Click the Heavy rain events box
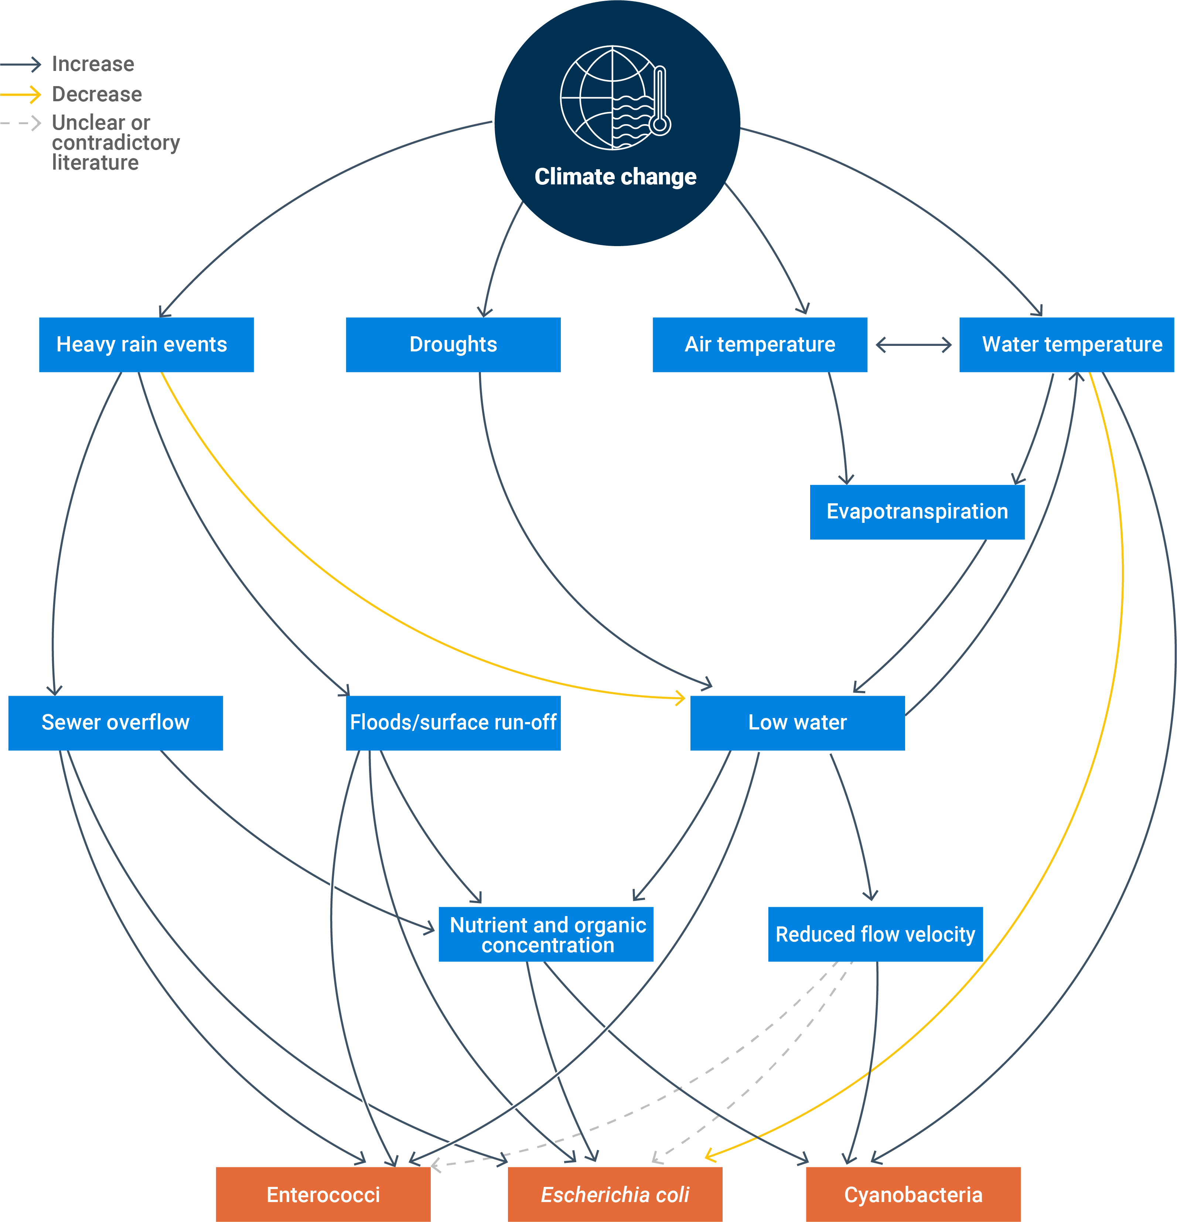click(147, 345)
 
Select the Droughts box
click(453, 345)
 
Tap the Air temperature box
click(760, 345)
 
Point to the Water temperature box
click(1067, 345)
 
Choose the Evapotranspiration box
click(917, 512)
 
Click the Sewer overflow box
click(115, 723)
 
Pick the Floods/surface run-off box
click(453, 723)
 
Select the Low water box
click(797, 723)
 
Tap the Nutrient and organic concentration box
click(546, 934)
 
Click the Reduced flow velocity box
click(875, 934)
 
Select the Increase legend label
click(93, 64)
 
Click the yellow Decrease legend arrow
click(21, 94)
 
